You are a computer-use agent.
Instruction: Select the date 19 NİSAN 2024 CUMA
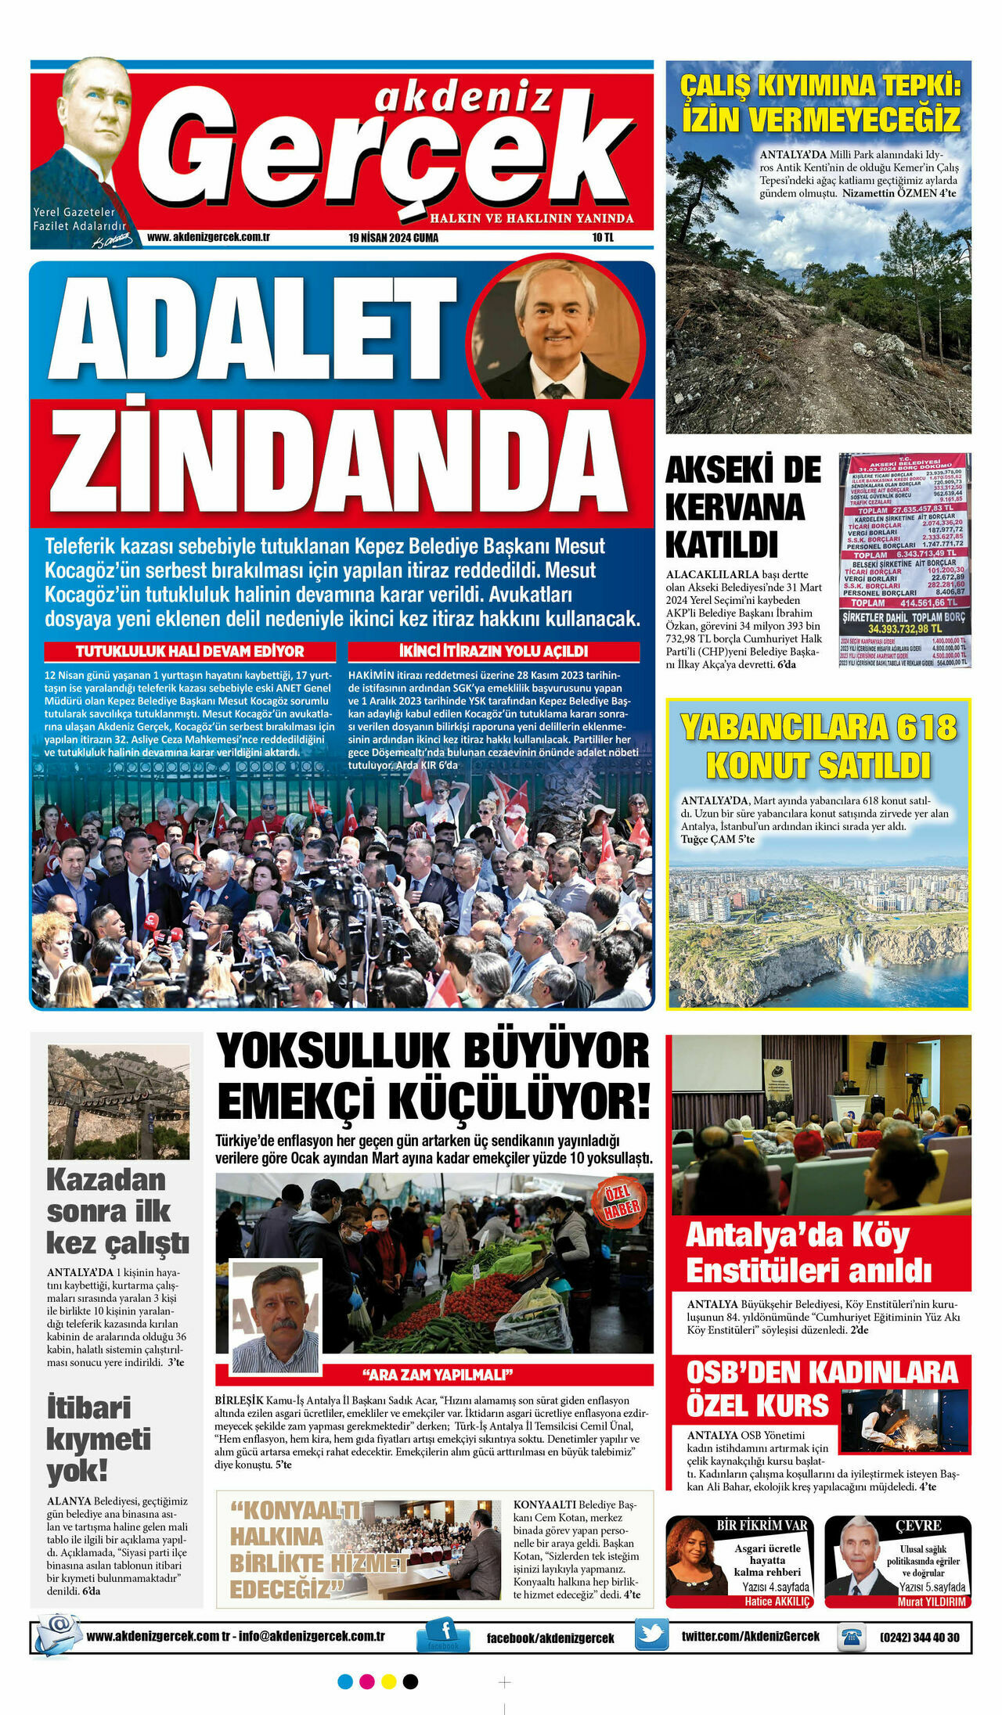point(394,238)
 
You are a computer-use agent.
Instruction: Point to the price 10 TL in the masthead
point(603,238)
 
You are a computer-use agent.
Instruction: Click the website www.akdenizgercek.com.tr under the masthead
point(208,237)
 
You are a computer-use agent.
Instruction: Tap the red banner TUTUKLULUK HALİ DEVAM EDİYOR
point(190,651)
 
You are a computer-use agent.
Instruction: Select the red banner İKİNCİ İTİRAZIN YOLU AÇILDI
point(493,651)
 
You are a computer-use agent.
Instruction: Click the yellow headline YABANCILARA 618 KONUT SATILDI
point(818,746)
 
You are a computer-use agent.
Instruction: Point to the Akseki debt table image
point(904,560)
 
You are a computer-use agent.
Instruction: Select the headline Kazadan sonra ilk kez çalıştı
point(117,1210)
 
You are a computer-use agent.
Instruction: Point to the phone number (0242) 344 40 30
point(919,1637)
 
